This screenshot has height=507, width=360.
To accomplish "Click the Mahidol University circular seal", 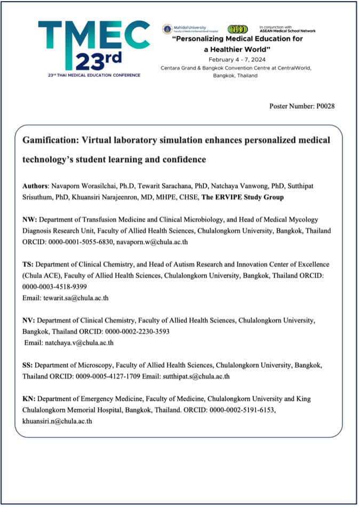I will coord(167,29).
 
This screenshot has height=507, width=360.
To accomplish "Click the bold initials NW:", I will coord(30,219).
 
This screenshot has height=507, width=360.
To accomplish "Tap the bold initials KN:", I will coord(29,399).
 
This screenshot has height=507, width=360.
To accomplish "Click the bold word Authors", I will coord(35,186).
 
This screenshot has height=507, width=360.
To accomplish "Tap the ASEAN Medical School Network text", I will coord(287,31).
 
